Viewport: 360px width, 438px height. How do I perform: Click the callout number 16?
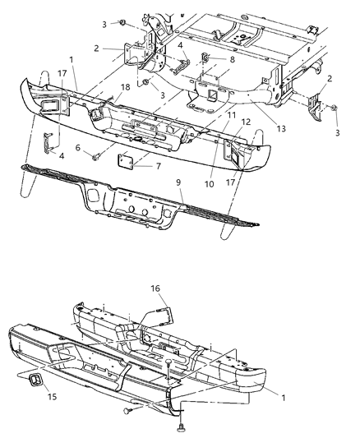pyautogui.click(x=157, y=289)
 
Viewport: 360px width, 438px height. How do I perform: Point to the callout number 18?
pyautogui.click(x=126, y=85)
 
